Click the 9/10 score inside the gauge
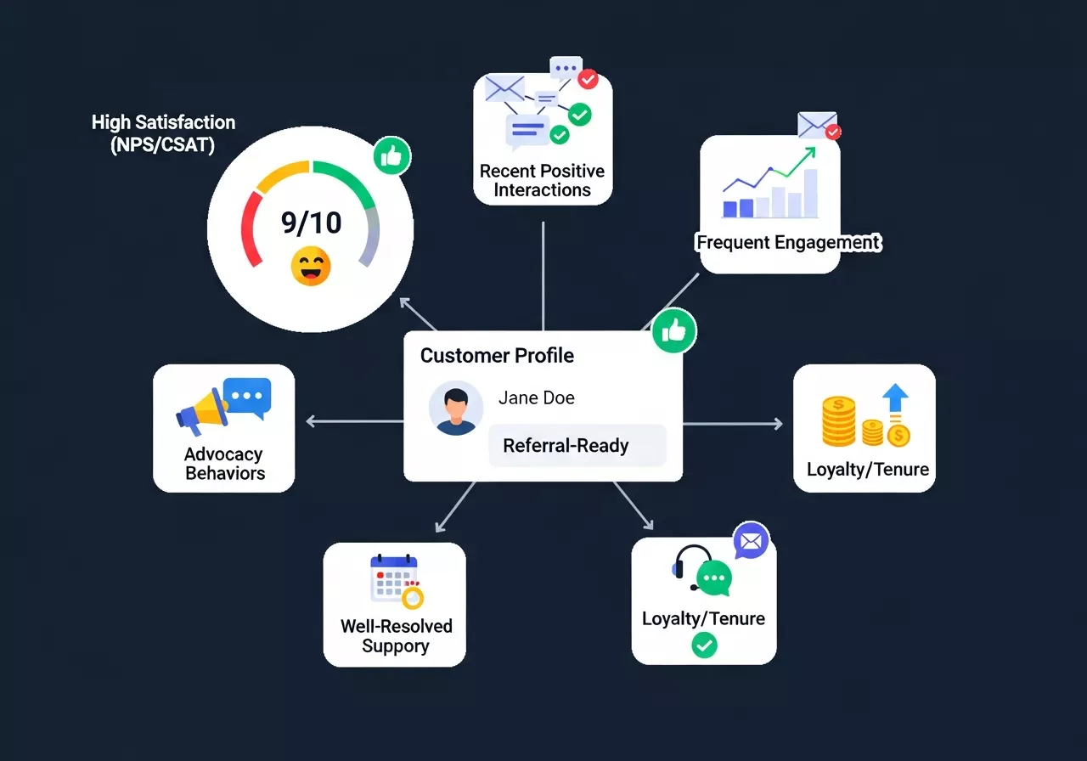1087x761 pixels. tap(311, 223)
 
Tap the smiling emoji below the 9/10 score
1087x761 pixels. tap(311, 266)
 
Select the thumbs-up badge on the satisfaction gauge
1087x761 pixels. tap(391, 156)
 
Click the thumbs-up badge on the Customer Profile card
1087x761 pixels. tap(674, 330)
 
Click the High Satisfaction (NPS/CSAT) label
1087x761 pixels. tap(163, 133)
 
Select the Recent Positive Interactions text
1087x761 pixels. tap(542, 180)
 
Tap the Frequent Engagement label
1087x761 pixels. tap(788, 243)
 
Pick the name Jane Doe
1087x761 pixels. tap(536, 398)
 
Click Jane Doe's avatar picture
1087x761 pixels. tap(456, 408)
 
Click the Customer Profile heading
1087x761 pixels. tap(497, 356)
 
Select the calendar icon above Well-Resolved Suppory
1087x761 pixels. tap(393, 578)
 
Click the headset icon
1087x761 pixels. tap(693, 566)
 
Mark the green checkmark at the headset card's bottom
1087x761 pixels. tap(704, 646)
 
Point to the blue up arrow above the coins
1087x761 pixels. tap(895, 398)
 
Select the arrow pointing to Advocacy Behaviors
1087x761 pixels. tap(313, 421)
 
